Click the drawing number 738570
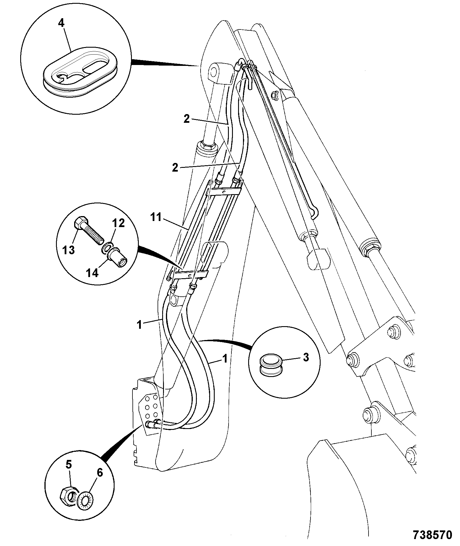(432, 536)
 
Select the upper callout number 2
(187, 119)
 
